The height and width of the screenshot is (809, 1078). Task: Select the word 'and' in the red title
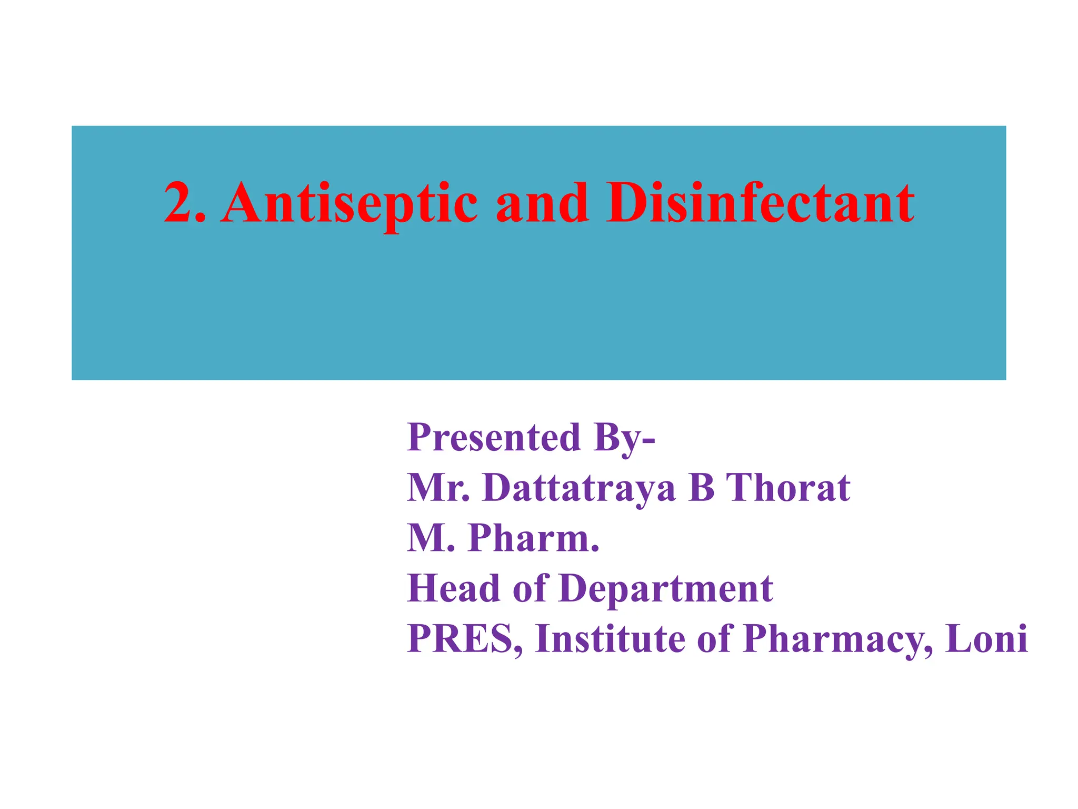542,203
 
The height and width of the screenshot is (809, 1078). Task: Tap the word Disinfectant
760,203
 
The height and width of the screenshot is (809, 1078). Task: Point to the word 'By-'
624,438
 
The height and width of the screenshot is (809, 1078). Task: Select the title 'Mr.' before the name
438,488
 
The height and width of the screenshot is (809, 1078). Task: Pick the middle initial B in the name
702,488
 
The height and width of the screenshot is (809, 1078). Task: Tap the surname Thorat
788,488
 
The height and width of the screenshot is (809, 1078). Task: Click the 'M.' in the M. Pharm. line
431,538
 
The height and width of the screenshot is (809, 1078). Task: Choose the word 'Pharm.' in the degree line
534,538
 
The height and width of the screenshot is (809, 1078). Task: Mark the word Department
666,589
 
